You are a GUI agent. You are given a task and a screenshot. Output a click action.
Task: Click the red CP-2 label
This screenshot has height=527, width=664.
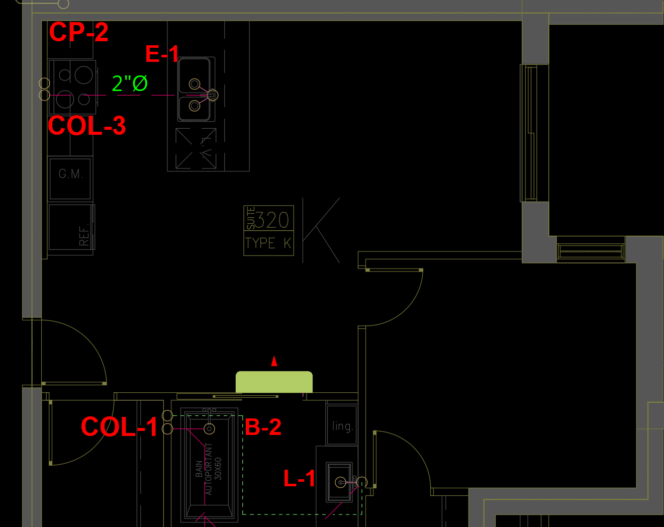[78, 32]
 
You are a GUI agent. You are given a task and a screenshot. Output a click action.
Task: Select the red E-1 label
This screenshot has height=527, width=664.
[162, 54]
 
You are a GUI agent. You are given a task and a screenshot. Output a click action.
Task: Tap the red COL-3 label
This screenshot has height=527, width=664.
[86, 126]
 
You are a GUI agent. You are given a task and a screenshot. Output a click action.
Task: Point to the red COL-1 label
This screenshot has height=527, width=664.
[119, 427]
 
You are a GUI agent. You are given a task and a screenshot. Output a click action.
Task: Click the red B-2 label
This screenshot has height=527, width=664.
[263, 427]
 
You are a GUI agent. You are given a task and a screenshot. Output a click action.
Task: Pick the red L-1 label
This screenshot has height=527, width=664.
[299, 478]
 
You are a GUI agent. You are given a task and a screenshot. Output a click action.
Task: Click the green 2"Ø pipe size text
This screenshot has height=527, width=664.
[130, 83]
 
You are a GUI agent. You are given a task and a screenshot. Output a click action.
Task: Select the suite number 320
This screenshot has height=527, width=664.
[272, 220]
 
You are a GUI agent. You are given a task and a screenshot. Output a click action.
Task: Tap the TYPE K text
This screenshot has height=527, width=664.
[268, 243]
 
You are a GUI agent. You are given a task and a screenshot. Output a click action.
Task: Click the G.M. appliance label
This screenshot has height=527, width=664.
[70, 174]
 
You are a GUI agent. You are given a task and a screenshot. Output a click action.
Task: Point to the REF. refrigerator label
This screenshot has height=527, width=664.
[84, 234]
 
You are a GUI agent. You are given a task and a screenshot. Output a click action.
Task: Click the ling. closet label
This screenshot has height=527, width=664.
[342, 426]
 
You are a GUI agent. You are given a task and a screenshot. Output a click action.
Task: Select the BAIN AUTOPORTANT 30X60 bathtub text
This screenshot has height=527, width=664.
[209, 469]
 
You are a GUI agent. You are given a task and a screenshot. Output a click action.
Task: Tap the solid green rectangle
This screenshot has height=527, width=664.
[274, 382]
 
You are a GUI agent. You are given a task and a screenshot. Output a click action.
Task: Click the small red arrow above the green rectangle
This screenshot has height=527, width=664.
[274, 361]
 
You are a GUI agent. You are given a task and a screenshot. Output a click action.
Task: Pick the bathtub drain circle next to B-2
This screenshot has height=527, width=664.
[210, 428]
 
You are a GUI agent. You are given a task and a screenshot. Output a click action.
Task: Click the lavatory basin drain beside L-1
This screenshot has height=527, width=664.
[341, 483]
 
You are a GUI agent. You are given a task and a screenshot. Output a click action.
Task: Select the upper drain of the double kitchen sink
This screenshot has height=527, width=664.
[194, 84]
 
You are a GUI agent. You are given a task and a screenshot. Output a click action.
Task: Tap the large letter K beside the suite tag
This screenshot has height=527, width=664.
[321, 230]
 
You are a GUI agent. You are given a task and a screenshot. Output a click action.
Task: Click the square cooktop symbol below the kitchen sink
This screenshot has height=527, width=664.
[196, 148]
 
